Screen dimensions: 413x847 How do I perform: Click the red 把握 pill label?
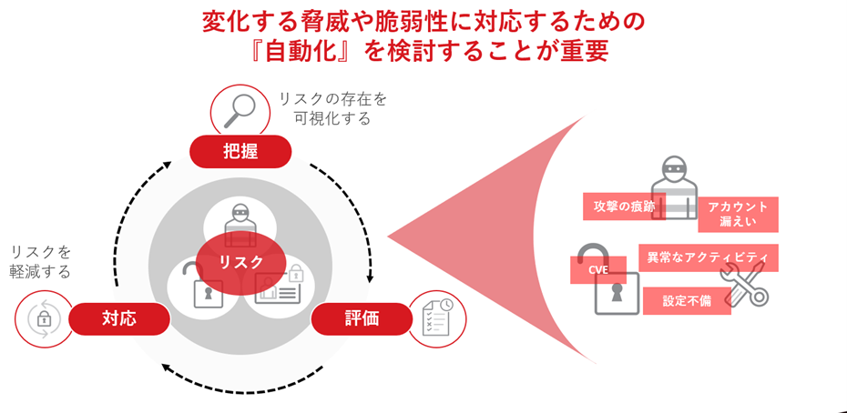(x=240, y=151)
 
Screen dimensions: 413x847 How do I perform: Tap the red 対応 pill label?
(x=119, y=318)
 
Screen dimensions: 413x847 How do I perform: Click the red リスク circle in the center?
(x=241, y=262)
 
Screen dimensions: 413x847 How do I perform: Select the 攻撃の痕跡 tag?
(x=624, y=206)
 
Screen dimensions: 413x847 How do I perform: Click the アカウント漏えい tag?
(x=738, y=214)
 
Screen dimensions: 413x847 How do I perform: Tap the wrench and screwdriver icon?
(x=745, y=284)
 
